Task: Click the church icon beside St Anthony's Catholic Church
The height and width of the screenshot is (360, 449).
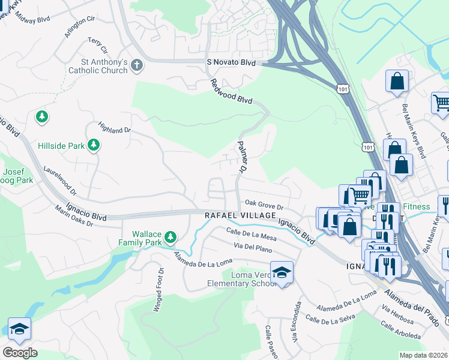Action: pos(137,65)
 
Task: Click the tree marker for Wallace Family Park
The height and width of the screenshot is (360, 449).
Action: pos(170,238)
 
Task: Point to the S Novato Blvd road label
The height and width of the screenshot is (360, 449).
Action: pos(231,63)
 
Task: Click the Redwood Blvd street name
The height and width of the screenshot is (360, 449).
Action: pos(231,91)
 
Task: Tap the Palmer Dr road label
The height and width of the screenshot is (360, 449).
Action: pos(242,158)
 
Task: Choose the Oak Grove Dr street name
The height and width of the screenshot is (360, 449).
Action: pos(263,205)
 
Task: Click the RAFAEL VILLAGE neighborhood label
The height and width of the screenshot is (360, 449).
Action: pos(240,215)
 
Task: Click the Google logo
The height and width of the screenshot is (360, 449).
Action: pos(20,352)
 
